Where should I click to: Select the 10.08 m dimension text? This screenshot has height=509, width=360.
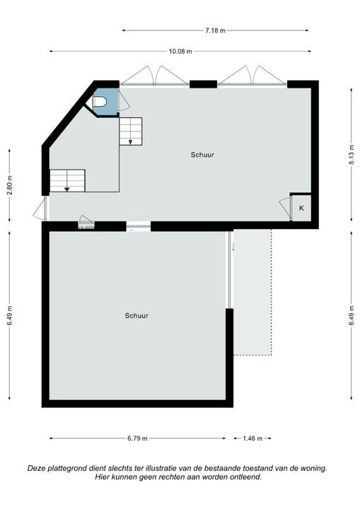180,51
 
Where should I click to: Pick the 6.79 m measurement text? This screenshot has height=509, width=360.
138,438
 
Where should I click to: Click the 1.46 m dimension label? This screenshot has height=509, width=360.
252,438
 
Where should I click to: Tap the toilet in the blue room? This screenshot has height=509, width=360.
100,102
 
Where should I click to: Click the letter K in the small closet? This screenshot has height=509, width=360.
301,208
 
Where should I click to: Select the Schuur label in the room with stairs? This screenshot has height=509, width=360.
202,154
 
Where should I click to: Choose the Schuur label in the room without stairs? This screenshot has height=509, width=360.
137,316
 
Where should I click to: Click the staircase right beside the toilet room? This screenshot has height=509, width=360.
130,131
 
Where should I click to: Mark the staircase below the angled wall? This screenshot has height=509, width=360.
67,180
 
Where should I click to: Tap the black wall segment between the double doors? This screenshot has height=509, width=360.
203,84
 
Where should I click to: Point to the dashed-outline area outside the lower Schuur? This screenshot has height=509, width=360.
252,292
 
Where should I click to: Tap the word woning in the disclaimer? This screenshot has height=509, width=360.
311,468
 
